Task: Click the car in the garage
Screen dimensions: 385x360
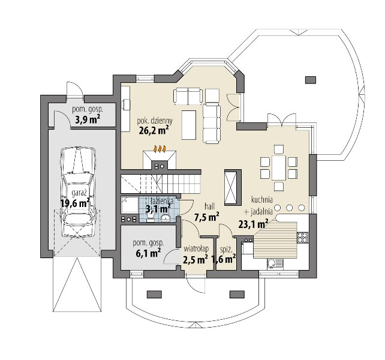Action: point(78,192)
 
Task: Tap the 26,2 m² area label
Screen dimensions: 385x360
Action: point(154,130)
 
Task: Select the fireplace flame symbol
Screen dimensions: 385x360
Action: point(160,149)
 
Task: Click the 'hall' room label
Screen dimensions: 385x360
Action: point(210,206)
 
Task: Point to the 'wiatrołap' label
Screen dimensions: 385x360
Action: point(196,249)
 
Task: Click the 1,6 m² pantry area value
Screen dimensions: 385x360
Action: point(224,259)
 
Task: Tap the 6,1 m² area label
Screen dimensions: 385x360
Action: point(148,253)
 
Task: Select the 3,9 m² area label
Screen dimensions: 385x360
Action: point(87,120)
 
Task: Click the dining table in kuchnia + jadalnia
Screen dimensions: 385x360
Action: point(279,167)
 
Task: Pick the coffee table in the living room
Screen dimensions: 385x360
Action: point(189,125)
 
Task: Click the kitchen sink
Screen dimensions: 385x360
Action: point(275,264)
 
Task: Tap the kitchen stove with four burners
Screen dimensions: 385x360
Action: point(302,238)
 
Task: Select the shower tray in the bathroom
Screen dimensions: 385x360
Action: point(130,205)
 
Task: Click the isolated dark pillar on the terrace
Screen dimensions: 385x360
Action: point(311,80)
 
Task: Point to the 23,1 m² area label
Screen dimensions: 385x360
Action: point(253,224)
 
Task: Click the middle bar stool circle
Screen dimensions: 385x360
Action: point(289,208)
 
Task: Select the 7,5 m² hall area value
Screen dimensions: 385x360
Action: point(207,217)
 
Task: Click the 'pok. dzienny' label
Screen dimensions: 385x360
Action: point(155,121)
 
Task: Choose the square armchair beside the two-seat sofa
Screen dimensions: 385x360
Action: point(212,95)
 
